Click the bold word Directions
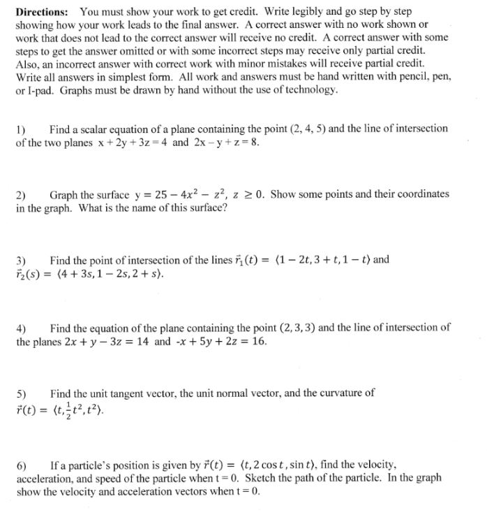[x=42, y=12]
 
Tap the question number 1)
[x=21, y=129]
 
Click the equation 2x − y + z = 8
[x=226, y=142]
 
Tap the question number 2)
[x=21, y=194]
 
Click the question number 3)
[x=21, y=260]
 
